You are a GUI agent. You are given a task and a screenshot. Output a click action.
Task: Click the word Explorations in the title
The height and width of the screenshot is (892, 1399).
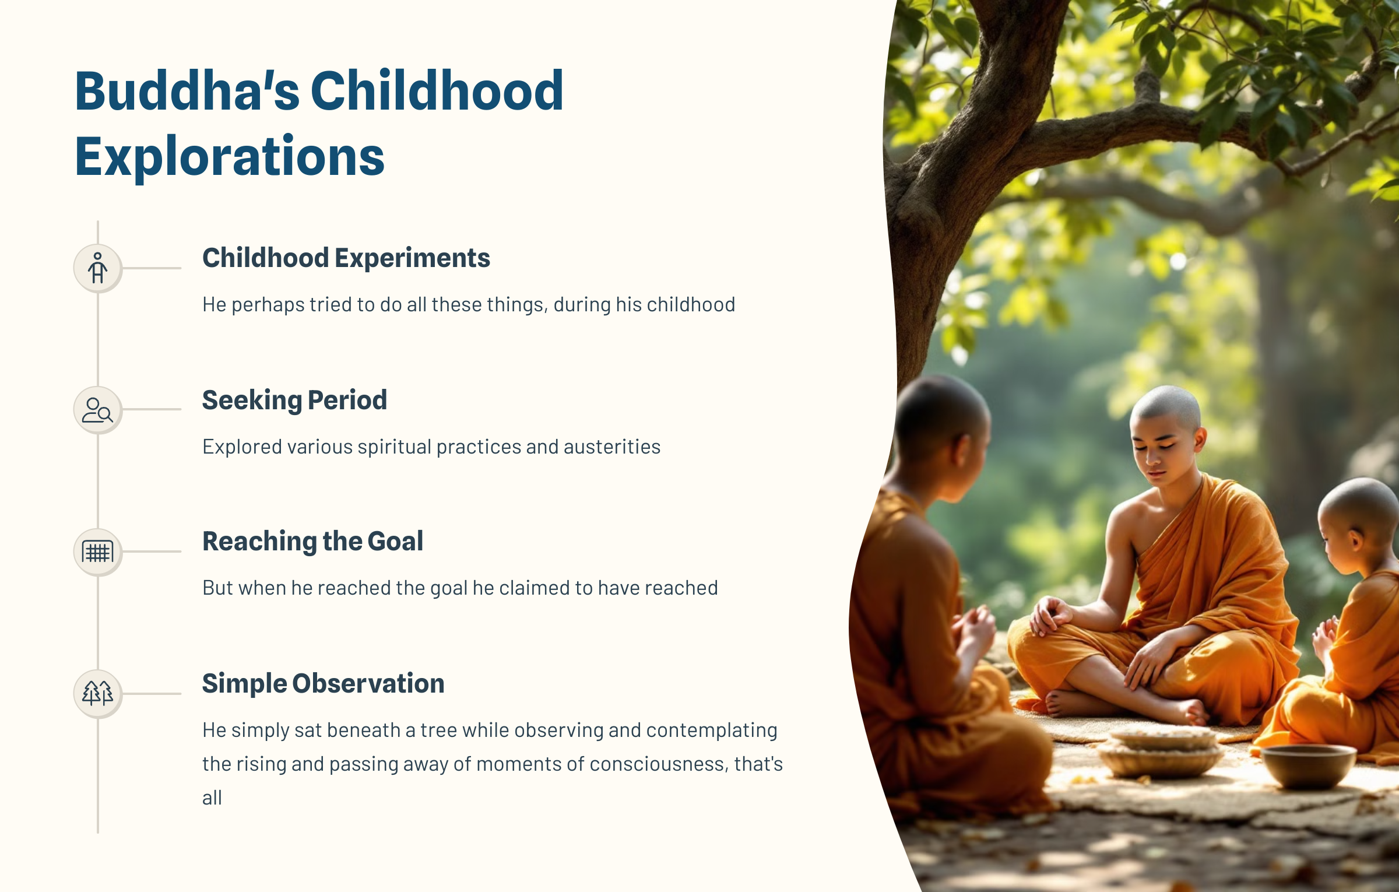tap(230, 156)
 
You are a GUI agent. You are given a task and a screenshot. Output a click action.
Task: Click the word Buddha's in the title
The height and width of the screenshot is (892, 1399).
tap(187, 91)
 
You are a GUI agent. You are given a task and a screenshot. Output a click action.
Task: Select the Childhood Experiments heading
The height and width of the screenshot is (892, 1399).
tap(346, 258)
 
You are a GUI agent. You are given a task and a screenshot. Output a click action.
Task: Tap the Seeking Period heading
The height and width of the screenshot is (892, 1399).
tap(294, 400)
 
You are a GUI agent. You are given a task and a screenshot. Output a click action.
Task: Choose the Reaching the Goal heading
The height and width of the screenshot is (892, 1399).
tap(313, 541)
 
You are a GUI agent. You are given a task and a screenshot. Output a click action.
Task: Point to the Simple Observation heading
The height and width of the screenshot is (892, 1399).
tap(324, 683)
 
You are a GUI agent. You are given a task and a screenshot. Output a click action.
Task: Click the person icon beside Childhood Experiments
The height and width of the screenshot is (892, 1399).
tap(98, 268)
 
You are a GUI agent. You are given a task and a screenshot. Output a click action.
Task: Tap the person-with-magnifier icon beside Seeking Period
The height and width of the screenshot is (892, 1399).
tap(98, 410)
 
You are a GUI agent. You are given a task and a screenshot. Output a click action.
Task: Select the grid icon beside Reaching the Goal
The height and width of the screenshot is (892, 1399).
tap(98, 552)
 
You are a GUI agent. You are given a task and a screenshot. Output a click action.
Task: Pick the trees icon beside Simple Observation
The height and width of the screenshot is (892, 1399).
tap(98, 693)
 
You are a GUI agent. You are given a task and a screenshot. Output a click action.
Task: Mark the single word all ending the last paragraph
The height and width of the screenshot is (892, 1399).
tap(212, 798)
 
